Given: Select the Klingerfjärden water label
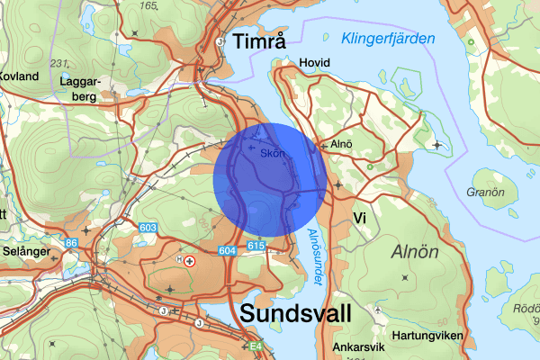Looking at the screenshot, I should point(388,39).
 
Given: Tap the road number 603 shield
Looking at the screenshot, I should point(148,229).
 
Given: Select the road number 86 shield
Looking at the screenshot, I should point(70,243).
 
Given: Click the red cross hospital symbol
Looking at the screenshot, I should point(190,260).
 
